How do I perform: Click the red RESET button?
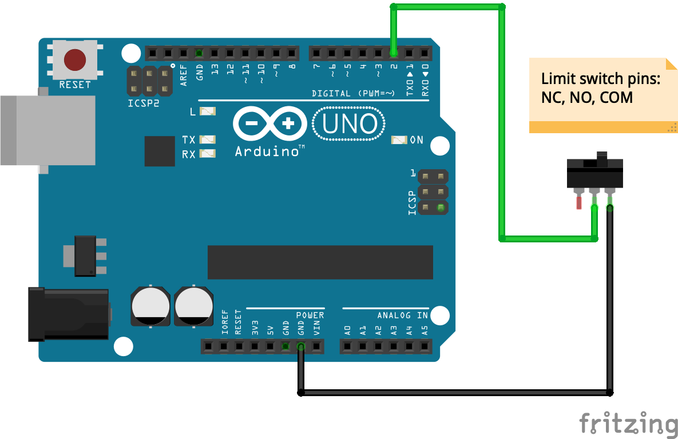click(x=75, y=59)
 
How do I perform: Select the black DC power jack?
click(x=69, y=314)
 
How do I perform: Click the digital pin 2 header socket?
click(x=394, y=54)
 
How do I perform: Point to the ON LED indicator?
click(x=398, y=139)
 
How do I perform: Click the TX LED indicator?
click(x=207, y=139)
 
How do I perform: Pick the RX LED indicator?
click(x=207, y=153)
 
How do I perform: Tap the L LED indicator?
click(x=207, y=111)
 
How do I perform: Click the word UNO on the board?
click(x=350, y=124)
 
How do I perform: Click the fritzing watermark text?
click(x=628, y=424)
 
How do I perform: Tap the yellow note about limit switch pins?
click(x=601, y=95)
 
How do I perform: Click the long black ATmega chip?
click(x=320, y=262)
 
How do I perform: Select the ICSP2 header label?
click(x=143, y=104)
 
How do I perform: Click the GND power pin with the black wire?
click(x=300, y=346)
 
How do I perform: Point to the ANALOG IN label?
click(x=402, y=316)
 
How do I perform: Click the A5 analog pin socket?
click(x=424, y=346)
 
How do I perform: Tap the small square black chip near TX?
click(x=160, y=151)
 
